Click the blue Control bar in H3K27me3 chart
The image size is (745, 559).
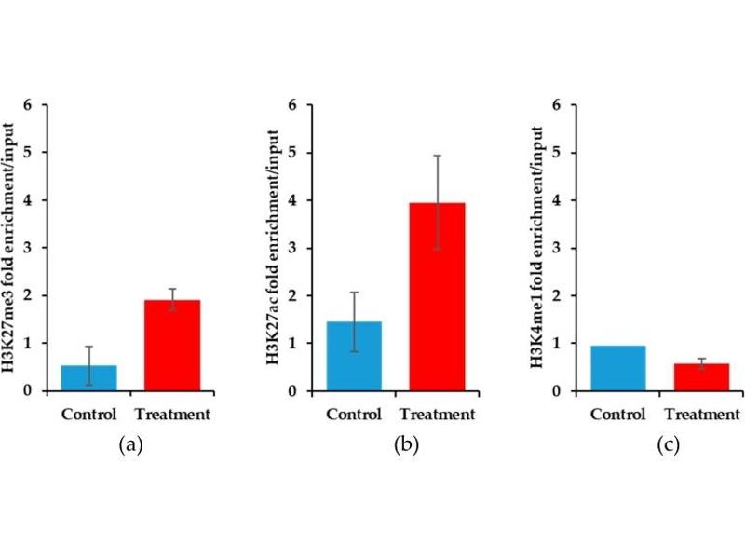click(89, 377)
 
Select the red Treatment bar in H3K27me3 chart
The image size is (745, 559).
click(172, 345)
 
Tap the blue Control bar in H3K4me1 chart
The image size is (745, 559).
click(618, 368)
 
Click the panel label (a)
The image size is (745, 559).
click(130, 445)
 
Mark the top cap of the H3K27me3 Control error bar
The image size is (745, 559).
click(89, 347)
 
